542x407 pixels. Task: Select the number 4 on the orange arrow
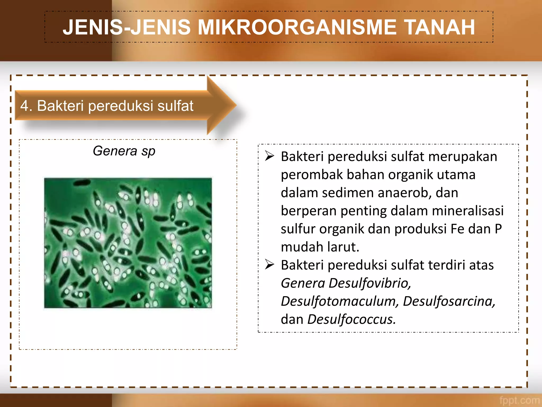[x=24, y=106]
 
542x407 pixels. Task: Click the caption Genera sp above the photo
[x=124, y=151]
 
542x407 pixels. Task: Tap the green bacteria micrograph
[x=128, y=243]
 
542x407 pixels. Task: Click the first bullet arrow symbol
[x=269, y=156]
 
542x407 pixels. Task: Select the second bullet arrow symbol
[x=269, y=265]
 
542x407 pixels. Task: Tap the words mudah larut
[x=320, y=247]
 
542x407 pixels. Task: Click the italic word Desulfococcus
[x=351, y=319]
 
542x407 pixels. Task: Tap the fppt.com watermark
[x=519, y=400]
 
